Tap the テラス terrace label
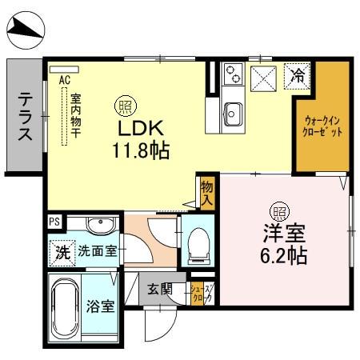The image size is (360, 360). [x=25, y=117]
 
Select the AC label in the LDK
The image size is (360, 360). [x=66, y=79]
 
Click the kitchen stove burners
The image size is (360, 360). [x=233, y=75]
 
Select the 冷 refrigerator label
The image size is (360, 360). [x=298, y=77]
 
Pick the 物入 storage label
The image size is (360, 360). [x=206, y=191]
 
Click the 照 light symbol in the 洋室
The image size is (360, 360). [x=280, y=213]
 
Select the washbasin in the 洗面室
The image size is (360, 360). [x=101, y=224]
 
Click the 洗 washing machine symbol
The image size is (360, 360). [x=62, y=250]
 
